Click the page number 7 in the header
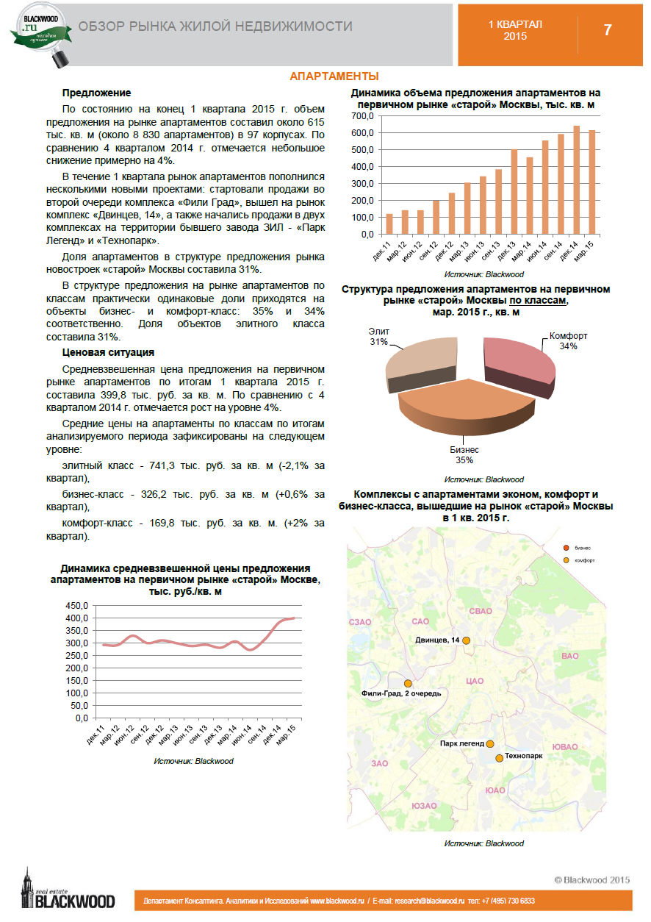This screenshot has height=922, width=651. [608, 30]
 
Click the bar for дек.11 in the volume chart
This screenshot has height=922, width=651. [389, 224]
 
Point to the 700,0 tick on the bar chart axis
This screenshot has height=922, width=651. [362, 116]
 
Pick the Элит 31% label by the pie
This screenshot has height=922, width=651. [378, 337]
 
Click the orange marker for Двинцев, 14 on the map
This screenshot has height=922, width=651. [466, 640]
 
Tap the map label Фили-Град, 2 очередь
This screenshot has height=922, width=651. [401, 693]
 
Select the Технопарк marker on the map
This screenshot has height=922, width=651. [500, 758]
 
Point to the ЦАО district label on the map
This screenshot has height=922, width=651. [474, 681]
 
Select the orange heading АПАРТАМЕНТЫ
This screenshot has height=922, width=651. [334, 76]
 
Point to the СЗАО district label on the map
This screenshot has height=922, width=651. [359, 622]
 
